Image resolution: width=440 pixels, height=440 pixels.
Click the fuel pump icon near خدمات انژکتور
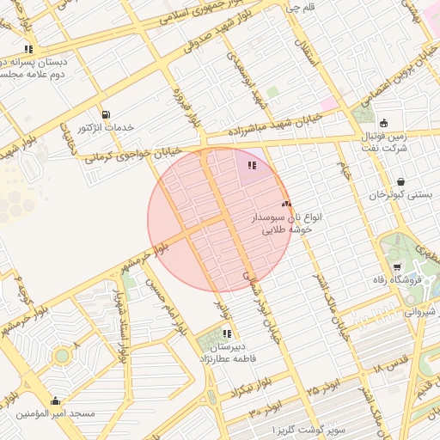pos(106,114)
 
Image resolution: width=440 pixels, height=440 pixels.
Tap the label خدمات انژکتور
pos(107,127)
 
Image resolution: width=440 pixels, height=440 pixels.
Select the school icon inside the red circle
pos(252,165)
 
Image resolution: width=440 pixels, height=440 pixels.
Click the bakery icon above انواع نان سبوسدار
pos(286,204)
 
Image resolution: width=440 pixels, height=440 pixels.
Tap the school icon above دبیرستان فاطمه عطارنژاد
pos(226,333)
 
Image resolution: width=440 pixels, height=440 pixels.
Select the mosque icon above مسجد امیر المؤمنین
pos(56,400)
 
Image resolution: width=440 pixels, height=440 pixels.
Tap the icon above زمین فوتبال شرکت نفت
pos(382,121)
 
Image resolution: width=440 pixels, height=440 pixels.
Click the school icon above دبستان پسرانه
pos(29,49)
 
